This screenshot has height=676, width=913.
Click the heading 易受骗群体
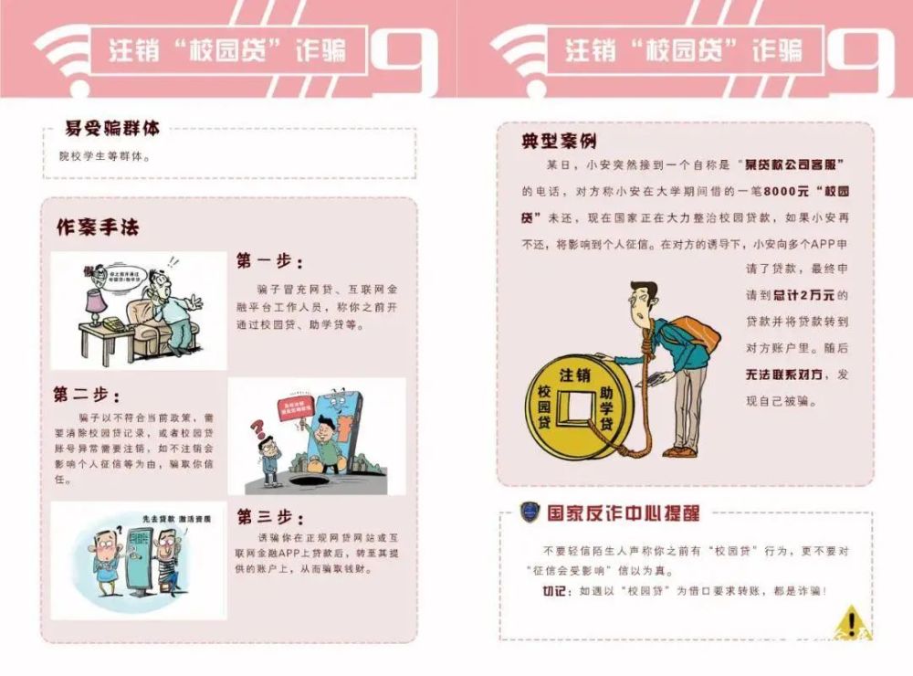click(x=111, y=129)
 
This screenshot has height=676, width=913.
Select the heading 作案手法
click(x=98, y=227)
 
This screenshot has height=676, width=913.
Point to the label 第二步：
click(x=87, y=395)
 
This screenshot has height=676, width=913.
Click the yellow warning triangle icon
click(x=851, y=621)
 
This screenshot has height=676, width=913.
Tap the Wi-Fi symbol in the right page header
click(x=518, y=57)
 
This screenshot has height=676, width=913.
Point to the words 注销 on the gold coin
click(x=573, y=374)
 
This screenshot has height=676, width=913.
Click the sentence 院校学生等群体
click(x=99, y=156)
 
